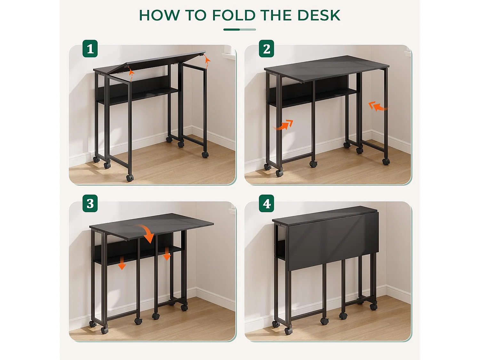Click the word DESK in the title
tap(318, 15)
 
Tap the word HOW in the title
tap(159, 15)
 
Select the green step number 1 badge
tap(90, 49)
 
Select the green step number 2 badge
tap(266, 49)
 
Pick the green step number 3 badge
tap(90, 204)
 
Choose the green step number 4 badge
tap(266, 204)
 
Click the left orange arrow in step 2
tap(284, 125)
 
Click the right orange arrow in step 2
tap(377, 106)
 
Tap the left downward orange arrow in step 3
tap(122, 262)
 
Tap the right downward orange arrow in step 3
tap(167, 253)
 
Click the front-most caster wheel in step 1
tap(130, 178)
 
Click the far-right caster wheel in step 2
tap(386, 162)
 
